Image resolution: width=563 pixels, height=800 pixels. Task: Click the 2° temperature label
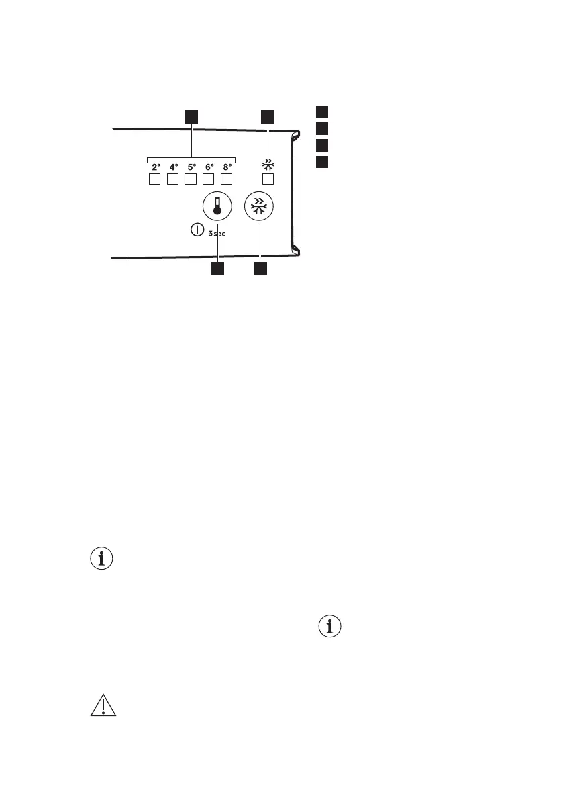pyautogui.click(x=155, y=166)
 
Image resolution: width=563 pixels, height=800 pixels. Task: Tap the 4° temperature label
pyautogui.click(x=173, y=166)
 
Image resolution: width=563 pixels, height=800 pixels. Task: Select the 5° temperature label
pyautogui.click(x=191, y=166)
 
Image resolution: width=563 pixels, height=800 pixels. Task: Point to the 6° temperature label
pyautogui.click(x=209, y=166)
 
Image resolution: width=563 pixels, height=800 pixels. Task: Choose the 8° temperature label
pyautogui.click(x=227, y=166)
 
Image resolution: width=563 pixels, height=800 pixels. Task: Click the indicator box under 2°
pyautogui.click(x=154, y=179)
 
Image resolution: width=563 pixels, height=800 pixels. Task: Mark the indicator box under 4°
pyautogui.click(x=172, y=179)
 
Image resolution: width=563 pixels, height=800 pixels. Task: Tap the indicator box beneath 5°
pyautogui.click(x=190, y=179)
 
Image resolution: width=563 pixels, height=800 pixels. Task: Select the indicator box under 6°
pyautogui.click(x=208, y=179)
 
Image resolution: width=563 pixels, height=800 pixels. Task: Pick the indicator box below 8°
pyautogui.click(x=226, y=179)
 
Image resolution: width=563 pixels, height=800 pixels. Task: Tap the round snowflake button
pyautogui.click(x=258, y=207)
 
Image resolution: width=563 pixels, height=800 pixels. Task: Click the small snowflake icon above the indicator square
pyautogui.click(x=268, y=164)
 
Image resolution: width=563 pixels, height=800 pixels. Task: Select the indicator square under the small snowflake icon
pyautogui.click(x=268, y=179)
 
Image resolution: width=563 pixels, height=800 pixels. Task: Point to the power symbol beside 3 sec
pyautogui.click(x=197, y=230)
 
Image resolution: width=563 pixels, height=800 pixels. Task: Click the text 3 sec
pyautogui.click(x=218, y=233)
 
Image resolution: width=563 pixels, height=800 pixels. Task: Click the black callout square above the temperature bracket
pyautogui.click(x=192, y=116)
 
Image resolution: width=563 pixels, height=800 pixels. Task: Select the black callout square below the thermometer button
pyautogui.click(x=217, y=269)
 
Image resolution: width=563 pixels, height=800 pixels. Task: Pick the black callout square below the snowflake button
pyautogui.click(x=259, y=269)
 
